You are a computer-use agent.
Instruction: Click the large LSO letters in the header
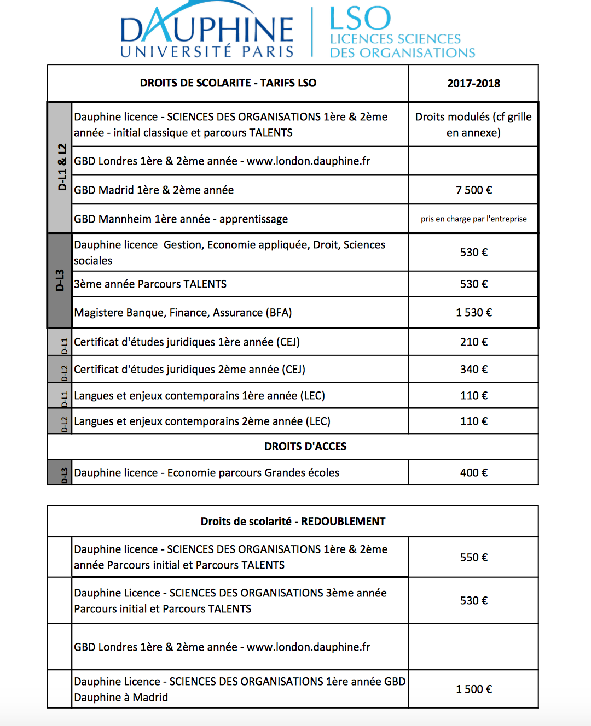[360, 19]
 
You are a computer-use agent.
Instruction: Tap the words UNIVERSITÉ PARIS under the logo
[207, 52]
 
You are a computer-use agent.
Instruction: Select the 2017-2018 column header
[473, 84]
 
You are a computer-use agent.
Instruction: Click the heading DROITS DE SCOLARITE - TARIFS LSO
[228, 83]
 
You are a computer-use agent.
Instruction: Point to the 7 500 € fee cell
[473, 190]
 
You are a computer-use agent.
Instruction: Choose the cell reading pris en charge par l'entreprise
[473, 219]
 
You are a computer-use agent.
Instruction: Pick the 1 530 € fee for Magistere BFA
[473, 313]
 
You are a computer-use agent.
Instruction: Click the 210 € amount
[473, 342]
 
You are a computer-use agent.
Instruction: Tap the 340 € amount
[473, 370]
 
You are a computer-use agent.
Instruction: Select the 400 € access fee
[473, 473]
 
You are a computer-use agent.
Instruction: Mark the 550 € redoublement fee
[473, 558]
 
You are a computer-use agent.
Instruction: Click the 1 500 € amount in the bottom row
[473, 689]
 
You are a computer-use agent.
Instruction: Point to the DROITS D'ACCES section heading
[305, 447]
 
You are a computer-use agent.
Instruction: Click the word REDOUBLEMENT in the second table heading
[343, 522]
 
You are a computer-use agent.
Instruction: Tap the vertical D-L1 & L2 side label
[62, 167]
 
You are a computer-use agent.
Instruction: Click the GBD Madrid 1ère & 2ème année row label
[154, 190]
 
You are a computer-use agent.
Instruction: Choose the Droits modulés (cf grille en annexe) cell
[473, 125]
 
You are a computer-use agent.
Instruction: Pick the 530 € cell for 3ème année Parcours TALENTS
[473, 284]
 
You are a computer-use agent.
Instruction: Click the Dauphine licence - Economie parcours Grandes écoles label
[206, 473]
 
